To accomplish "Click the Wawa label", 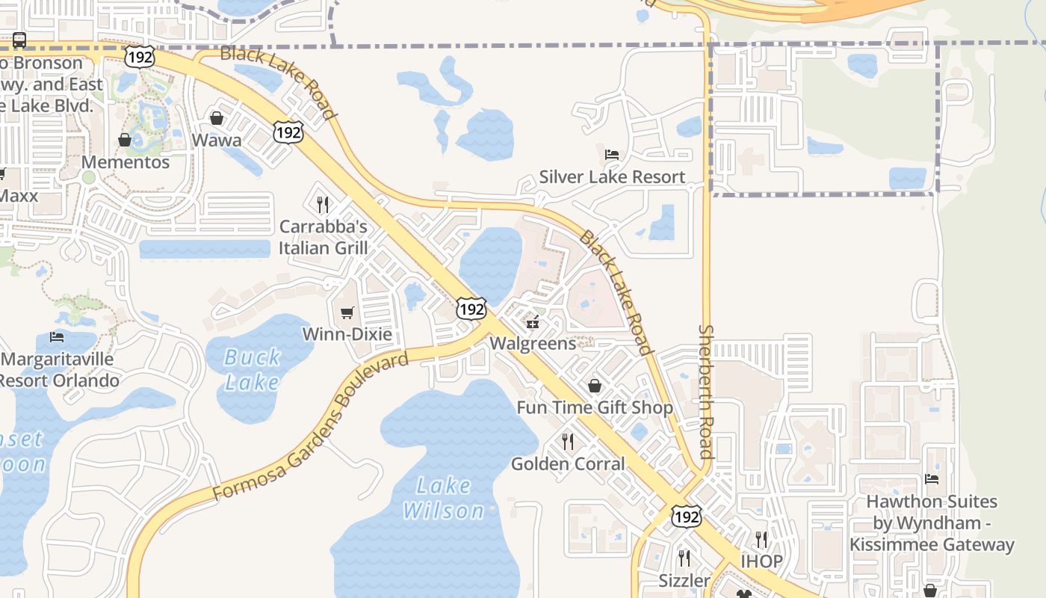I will [217, 141].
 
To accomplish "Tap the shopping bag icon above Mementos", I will [125, 140].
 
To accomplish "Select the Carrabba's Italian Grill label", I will [323, 237].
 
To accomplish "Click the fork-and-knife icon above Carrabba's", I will [323, 204].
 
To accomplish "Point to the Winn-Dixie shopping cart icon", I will [347, 312].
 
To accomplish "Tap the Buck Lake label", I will [253, 370].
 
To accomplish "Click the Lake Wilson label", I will [444, 499].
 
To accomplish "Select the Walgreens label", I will [533, 343].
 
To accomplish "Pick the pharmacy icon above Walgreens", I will [533, 322].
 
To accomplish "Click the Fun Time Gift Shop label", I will [595, 407].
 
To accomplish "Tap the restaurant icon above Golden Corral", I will [568, 441].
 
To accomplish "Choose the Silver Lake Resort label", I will [612, 177].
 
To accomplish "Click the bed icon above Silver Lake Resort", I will [612, 155].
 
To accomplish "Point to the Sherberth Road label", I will [706, 392].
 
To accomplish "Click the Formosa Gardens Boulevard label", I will [310, 427].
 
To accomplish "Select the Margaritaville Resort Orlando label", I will [60, 370].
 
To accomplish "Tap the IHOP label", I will [761, 561].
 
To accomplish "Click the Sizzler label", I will [684, 581].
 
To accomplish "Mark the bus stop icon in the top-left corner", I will [19, 40].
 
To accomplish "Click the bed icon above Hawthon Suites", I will [932, 479].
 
